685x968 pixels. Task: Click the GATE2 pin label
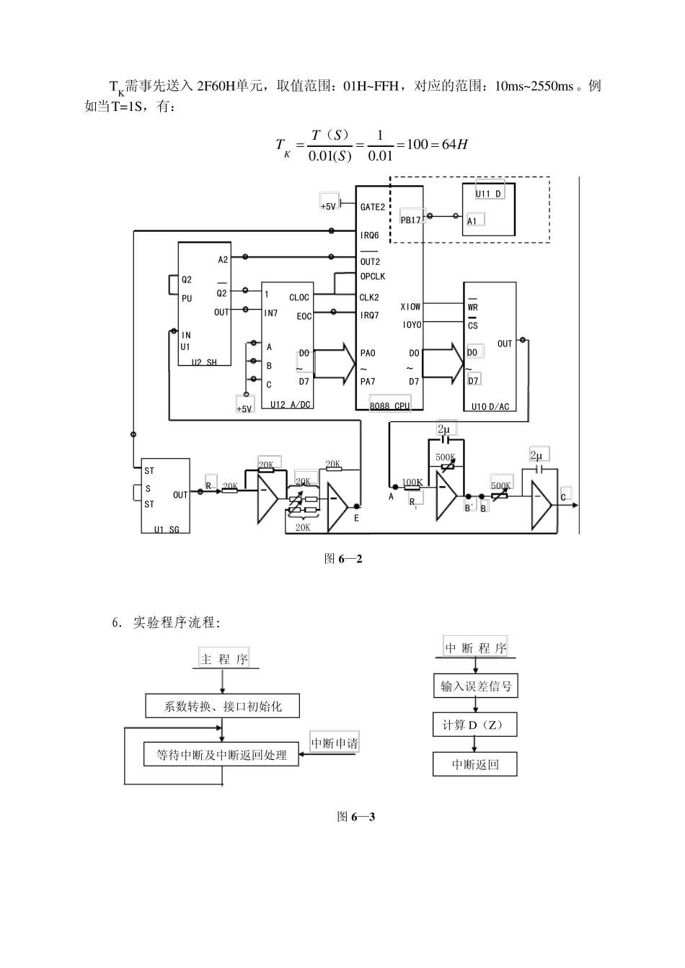tap(372, 207)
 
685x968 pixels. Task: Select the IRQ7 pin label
tap(369, 315)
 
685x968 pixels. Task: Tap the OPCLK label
tap(372, 277)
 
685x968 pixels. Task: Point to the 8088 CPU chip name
tap(389, 406)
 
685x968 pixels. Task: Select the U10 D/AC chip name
tap(490, 407)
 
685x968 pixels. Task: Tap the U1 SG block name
tap(167, 529)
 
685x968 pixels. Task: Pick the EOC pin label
tap(304, 316)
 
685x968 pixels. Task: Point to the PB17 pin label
tap(411, 220)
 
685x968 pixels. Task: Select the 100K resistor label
tap(412, 482)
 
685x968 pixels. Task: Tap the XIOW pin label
tap(410, 307)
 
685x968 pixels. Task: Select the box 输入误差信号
tap(476, 686)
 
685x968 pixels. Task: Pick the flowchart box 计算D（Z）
tap(476, 725)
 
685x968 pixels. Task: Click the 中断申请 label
tap(335, 743)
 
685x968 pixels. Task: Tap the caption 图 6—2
tap(342, 558)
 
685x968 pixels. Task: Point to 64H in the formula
tap(454, 144)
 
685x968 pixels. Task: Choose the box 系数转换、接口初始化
tap(222, 707)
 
